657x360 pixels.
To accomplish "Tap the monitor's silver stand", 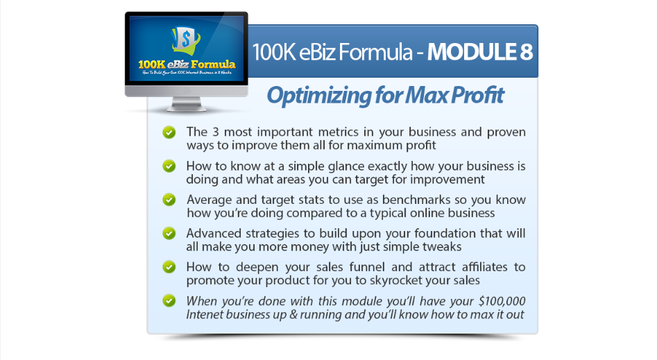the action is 187,104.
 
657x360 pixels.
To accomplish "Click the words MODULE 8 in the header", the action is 480,52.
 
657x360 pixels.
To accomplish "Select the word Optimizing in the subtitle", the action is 319,96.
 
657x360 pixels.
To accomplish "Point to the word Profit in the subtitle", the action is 478,95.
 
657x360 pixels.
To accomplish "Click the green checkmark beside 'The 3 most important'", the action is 169,132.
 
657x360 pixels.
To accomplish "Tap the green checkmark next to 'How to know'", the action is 169,166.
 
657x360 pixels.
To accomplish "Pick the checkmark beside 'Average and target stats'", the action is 169,200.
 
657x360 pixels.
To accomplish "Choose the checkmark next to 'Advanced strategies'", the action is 169,234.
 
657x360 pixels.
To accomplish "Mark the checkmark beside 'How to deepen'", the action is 169,267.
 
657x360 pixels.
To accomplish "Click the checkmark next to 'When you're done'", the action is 169,301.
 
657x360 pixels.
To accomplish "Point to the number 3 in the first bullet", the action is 215,132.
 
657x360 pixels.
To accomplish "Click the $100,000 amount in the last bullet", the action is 502,301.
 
